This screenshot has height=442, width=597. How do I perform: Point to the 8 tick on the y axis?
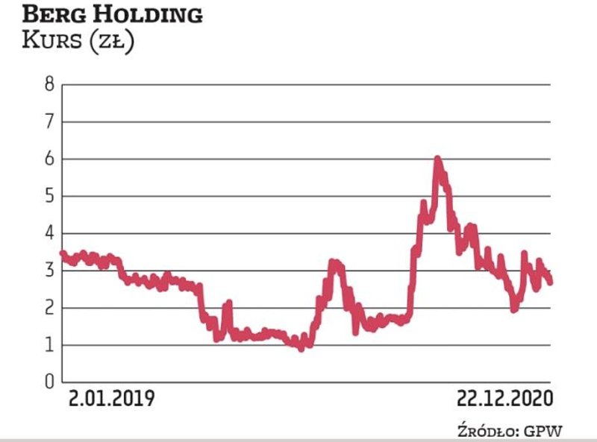tap(49, 84)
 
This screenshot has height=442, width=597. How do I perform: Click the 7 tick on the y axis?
tap(49, 121)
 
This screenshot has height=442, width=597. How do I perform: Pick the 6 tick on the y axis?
tap(49, 159)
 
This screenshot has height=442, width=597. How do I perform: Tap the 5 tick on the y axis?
tap(49, 196)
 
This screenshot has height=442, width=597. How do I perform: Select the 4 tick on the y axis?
tap(49, 233)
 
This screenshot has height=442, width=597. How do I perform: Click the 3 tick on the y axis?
tap(49, 271)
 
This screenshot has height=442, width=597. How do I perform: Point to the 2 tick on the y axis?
tap(49, 308)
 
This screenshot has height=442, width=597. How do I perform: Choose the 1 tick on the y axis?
tap(49, 345)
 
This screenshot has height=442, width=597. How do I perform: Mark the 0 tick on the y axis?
tap(49, 382)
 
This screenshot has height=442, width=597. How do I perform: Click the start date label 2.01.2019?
tap(112, 399)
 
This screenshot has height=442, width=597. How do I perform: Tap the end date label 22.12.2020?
tap(505, 399)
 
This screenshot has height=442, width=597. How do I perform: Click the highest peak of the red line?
tap(437, 159)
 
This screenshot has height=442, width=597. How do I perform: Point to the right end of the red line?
tap(551, 281)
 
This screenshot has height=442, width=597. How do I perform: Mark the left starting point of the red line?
tap(62, 253)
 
